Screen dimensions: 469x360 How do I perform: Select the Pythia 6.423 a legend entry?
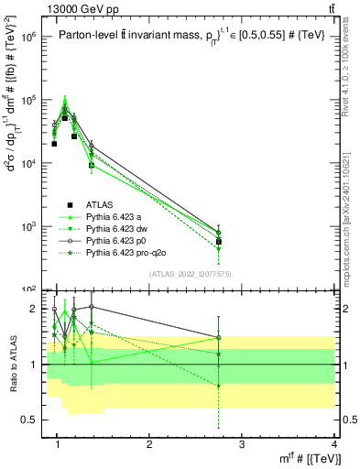115,216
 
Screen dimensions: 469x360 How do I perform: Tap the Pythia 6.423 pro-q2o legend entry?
125,250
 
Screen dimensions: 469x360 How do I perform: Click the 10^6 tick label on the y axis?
29,38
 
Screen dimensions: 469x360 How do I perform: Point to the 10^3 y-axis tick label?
29,226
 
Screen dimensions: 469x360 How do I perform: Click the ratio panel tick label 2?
34,309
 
